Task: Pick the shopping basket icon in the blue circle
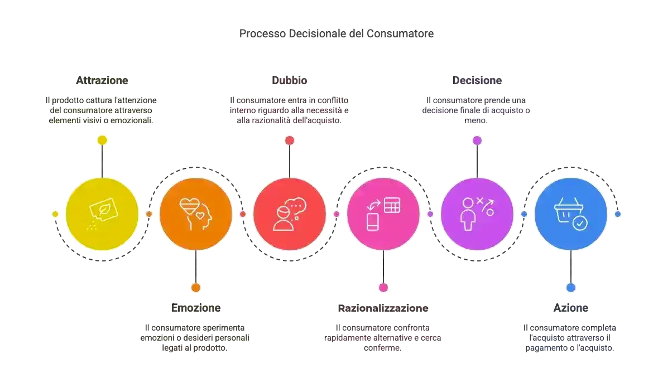[569, 213]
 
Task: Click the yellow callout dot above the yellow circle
[102, 140]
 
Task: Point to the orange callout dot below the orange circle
[195, 288]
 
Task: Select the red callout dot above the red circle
[289, 140]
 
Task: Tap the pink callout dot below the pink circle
[383, 288]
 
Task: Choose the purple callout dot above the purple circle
[477, 140]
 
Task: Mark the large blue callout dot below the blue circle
[570, 288]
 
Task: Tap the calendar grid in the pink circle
[392, 205]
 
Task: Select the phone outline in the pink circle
[373, 221]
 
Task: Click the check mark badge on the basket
[580, 224]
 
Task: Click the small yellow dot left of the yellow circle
[55, 214]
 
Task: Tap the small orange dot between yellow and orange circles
[149, 214]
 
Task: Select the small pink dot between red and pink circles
[337, 214]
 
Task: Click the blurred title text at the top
[337, 35]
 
